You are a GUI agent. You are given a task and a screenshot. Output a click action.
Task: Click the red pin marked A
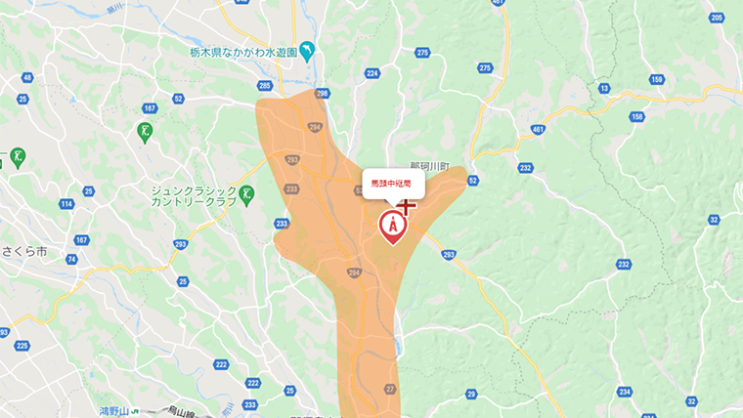tap(393, 226)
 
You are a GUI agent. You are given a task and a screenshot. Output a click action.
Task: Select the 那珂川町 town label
tap(428, 166)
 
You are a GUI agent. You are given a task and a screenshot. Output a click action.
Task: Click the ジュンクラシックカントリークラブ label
tap(194, 194)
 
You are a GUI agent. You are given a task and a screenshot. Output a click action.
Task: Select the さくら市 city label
tap(23, 250)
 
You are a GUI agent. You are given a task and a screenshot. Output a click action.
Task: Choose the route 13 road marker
tap(604, 89)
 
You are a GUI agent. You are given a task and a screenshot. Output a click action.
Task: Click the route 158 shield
tap(637, 117)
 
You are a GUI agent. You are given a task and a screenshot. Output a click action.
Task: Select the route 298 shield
tap(323, 93)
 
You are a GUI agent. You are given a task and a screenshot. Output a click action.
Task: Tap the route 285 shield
tap(265, 86)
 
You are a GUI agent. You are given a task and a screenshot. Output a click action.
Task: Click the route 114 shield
tap(66, 204)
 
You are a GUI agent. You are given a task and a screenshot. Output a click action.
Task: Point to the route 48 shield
tap(26, 77)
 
